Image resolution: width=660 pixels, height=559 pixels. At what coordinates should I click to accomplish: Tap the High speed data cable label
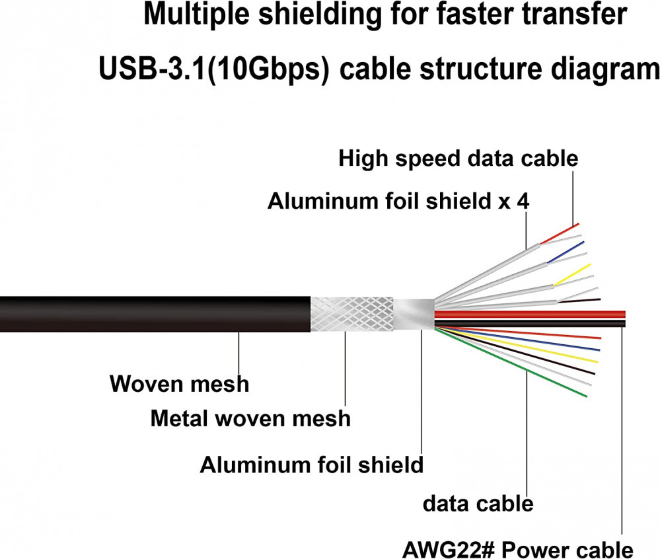pyautogui.click(x=458, y=159)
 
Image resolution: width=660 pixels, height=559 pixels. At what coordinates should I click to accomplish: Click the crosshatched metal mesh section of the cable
pyautogui.click(x=350, y=314)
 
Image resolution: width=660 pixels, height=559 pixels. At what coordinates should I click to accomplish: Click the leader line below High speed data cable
pyautogui.click(x=572, y=198)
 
